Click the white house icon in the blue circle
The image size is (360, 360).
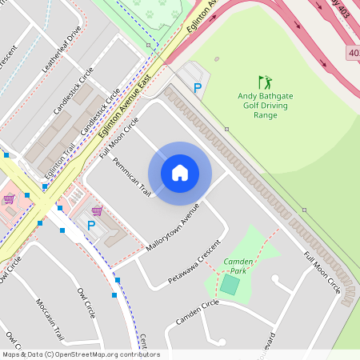(x=180, y=172)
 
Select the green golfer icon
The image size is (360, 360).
(x=265, y=82)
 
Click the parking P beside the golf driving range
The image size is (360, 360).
(x=197, y=89)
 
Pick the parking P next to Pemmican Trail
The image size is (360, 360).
(x=90, y=226)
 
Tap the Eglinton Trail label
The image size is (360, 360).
(x=61, y=159)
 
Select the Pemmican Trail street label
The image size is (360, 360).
(x=132, y=176)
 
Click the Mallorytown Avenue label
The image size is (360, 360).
(x=172, y=227)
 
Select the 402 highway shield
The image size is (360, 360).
(x=353, y=53)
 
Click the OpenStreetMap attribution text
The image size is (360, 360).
(x=80, y=354)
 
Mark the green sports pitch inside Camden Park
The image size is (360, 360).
(x=230, y=284)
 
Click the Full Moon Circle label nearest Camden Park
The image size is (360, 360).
(x=322, y=272)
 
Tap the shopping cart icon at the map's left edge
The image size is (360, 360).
(x=9, y=198)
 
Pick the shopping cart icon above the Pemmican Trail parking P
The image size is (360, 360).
(x=97, y=210)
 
